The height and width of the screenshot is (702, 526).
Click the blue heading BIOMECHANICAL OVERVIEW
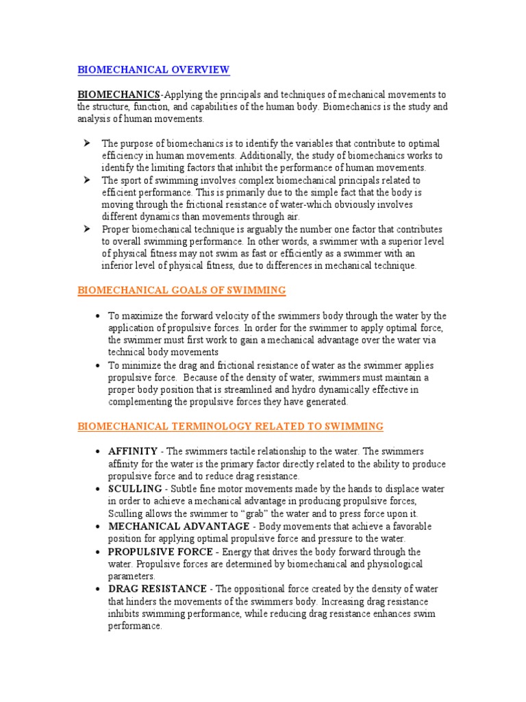(x=153, y=69)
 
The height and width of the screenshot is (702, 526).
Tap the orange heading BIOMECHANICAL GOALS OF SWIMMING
(x=181, y=290)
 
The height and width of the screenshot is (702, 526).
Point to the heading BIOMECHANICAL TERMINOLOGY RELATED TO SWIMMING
(x=230, y=426)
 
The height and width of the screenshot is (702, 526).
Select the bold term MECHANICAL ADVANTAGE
(x=179, y=526)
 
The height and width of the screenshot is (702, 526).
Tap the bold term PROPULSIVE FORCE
(x=161, y=551)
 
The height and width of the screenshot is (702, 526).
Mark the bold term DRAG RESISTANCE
(x=157, y=589)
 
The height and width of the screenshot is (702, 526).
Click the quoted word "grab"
(x=292, y=513)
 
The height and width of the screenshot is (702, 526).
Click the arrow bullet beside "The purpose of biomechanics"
(x=88, y=143)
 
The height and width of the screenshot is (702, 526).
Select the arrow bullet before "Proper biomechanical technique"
(x=88, y=229)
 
